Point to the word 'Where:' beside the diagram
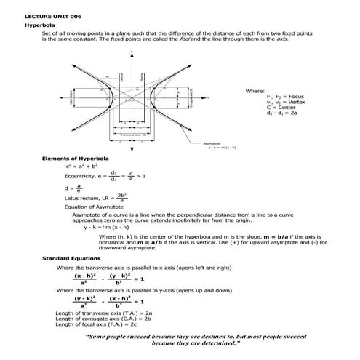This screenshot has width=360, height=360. point(255,90)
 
